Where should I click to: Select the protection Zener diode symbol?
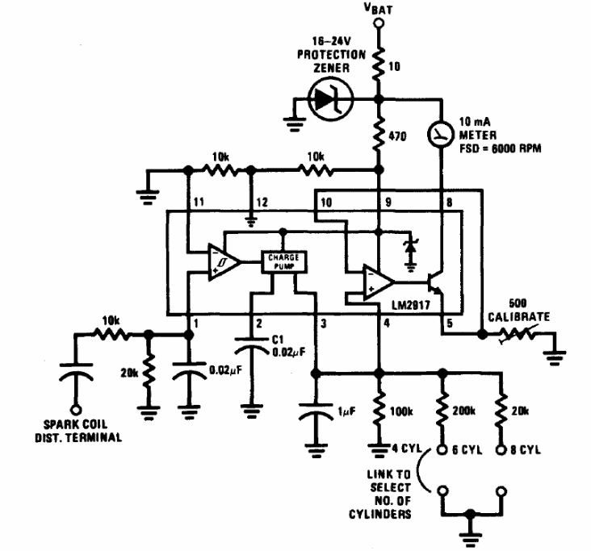pyautogui.click(x=328, y=99)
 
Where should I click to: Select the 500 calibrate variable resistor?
pyautogui.click(x=517, y=333)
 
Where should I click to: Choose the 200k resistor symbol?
pyautogui.click(x=442, y=414)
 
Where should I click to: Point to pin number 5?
pyautogui.click(x=451, y=325)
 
